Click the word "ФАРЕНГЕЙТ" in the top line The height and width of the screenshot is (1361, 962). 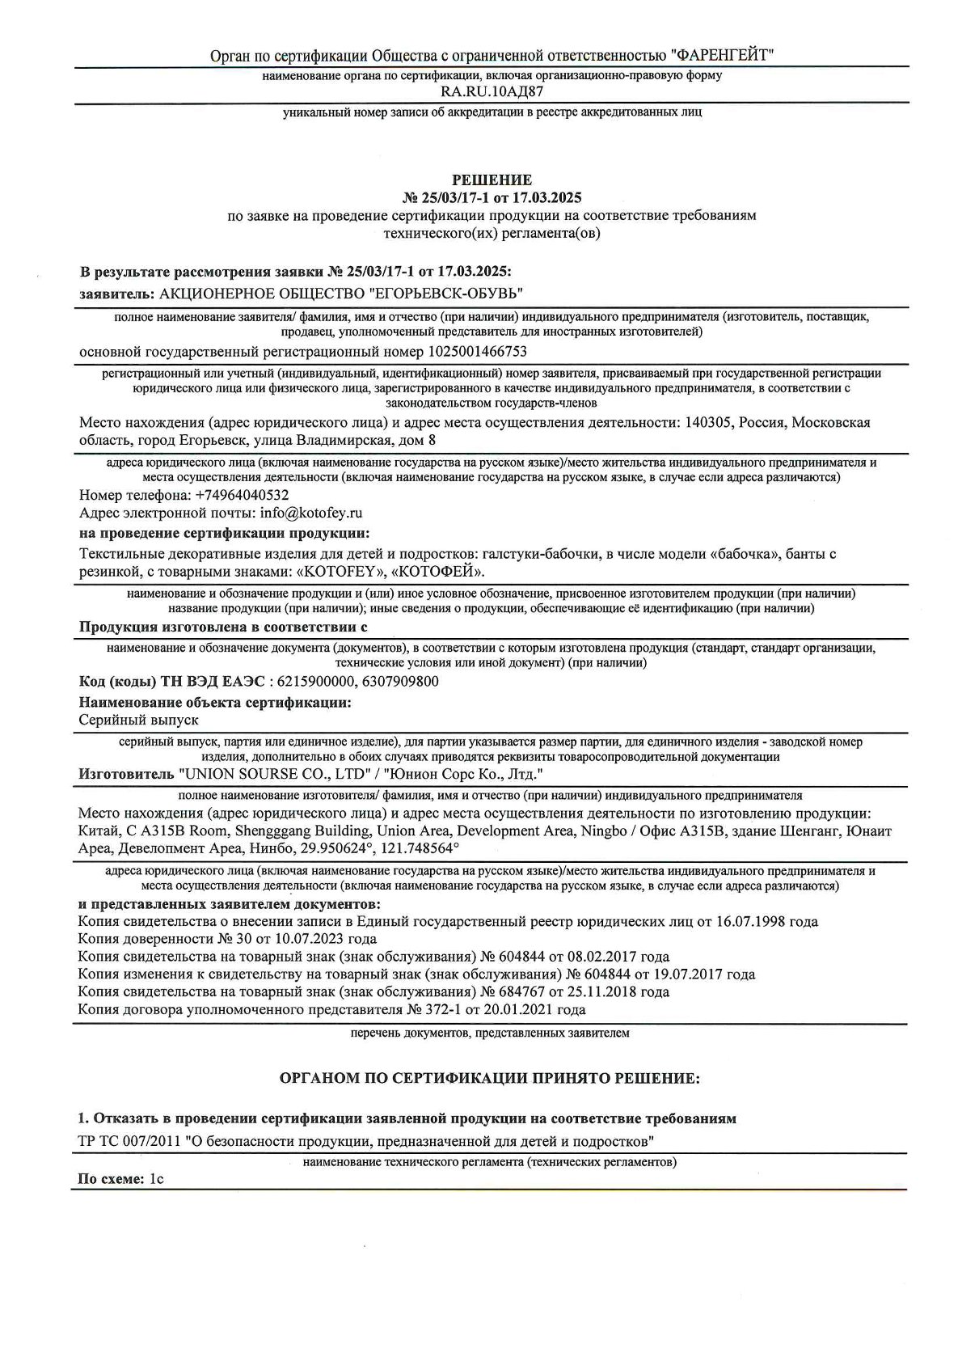[722, 56]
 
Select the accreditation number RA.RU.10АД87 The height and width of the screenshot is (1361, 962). [492, 91]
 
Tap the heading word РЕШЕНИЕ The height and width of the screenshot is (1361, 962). [492, 180]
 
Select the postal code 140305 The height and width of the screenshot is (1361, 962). [707, 423]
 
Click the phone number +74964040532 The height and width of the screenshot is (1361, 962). [243, 495]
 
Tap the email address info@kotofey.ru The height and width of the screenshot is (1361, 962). [311, 513]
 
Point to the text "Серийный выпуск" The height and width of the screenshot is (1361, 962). [138, 719]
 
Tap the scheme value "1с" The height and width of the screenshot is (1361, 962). [156, 1179]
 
